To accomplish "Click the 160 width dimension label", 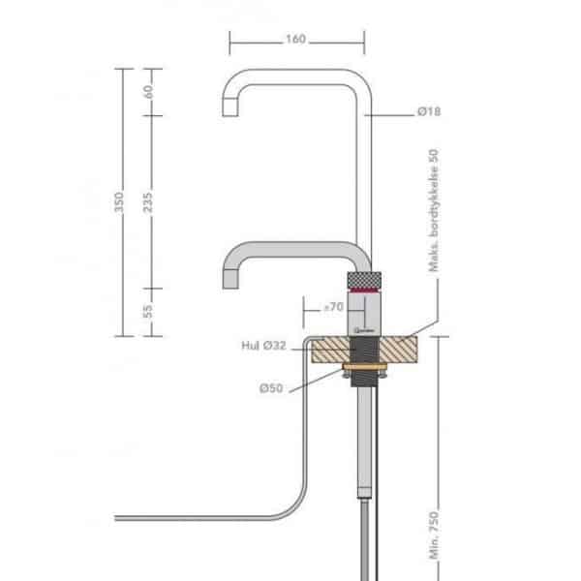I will coord(296,40).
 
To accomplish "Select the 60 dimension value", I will coord(149,91).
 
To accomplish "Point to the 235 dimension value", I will coord(149,200).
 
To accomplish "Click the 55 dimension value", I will coord(149,311).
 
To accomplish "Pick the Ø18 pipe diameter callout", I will coord(429,113).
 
